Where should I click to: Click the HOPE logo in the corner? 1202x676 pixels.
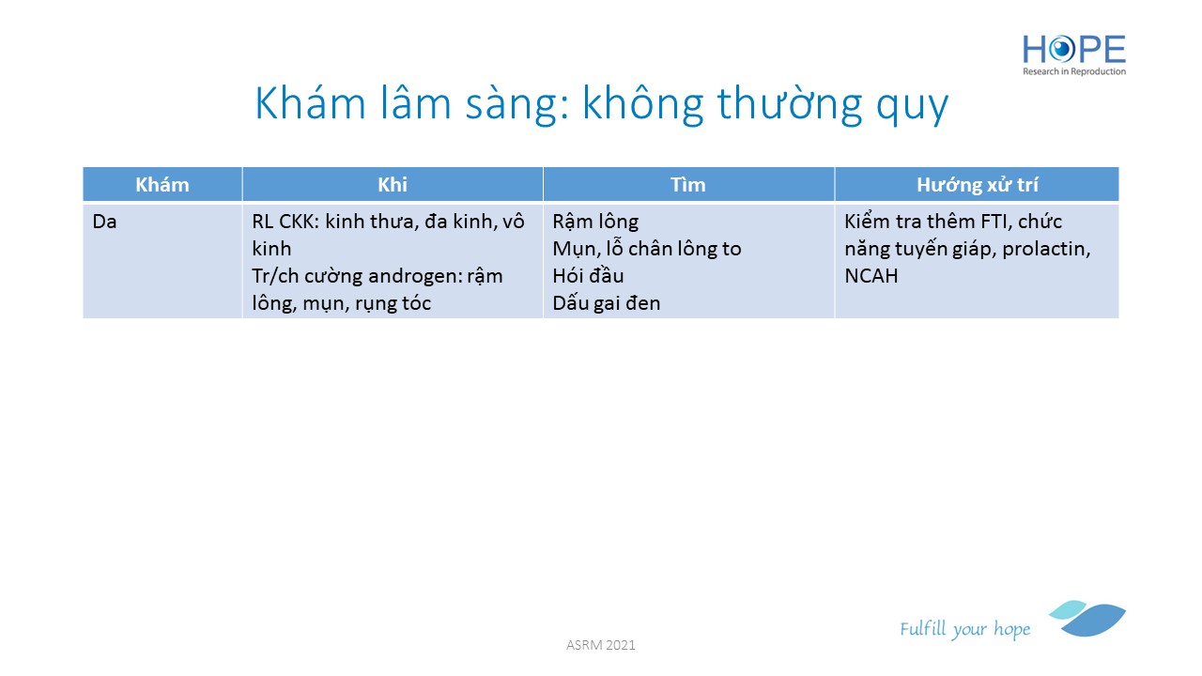click(1073, 55)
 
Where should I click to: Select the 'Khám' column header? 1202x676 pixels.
click(162, 185)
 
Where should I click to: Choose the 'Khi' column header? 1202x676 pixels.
click(393, 185)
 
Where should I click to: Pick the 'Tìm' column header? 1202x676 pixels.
click(688, 185)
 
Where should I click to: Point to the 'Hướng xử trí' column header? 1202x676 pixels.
click(978, 185)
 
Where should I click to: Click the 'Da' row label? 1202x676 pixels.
click(104, 222)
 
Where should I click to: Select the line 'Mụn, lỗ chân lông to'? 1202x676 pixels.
click(647, 249)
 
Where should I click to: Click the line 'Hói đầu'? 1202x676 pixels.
click(588, 276)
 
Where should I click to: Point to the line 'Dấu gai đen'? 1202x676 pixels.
click(607, 303)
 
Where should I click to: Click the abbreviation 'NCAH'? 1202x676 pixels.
click(871, 276)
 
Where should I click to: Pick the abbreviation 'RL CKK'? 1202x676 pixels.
click(284, 222)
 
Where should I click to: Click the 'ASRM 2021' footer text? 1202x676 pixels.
click(600, 645)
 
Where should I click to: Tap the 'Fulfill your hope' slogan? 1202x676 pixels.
click(964, 629)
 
